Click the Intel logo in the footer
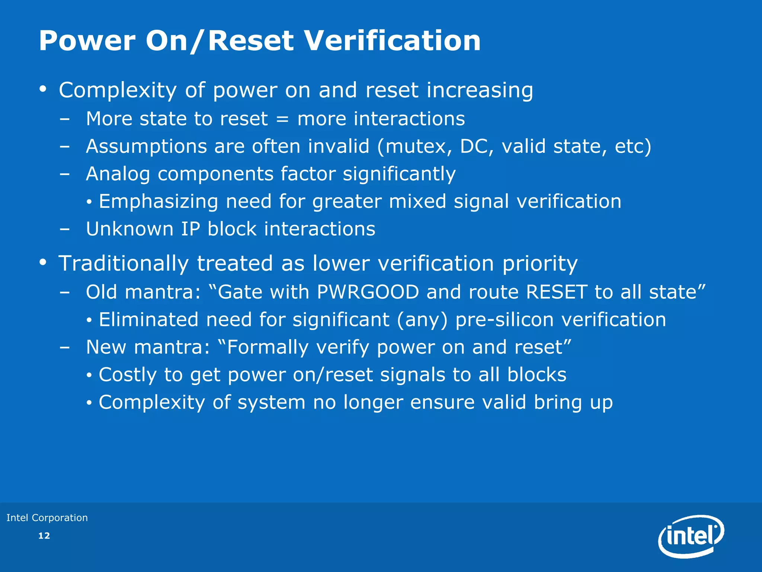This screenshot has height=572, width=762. click(691, 536)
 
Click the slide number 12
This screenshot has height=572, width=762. click(44, 536)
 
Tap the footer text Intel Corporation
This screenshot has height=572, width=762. click(47, 518)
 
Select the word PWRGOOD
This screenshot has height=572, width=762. click(368, 292)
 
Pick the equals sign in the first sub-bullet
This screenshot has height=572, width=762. click(282, 119)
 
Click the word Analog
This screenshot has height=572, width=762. click(118, 174)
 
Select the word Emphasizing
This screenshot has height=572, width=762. click(158, 201)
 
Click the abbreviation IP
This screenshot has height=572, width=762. click(190, 229)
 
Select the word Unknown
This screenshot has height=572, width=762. click(129, 229)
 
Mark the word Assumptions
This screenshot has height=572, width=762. click(146, 146)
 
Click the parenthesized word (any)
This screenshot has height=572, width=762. click(422, 320)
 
